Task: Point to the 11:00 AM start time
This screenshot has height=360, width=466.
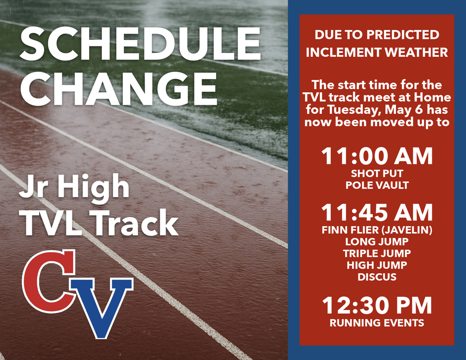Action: pyautogui.click(x=377, y=157)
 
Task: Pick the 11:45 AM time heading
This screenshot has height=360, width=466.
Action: pyautogui.click(x=377, y=213)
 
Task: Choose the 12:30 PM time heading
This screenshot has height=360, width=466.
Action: pyautogui.click(x=377, y=306)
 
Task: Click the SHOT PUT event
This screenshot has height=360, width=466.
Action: pyautogui.click(x=377, y=174)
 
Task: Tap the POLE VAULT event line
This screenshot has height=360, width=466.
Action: pyautogui.click(x=377, y=185)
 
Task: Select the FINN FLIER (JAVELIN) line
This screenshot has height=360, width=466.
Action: pyautogui.click(x=377, y=230)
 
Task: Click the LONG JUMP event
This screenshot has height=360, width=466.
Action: pyautogui.click(x=377, y=242)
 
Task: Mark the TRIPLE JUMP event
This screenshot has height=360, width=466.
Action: pyautogui.click(x=377, y=254)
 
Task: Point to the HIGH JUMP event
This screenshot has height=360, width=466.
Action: pyautogui.click(x=377, y=265)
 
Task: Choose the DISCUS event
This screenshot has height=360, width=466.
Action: pyautogui.click(x=377, y=277)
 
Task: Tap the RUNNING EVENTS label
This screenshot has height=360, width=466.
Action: pyautogui.click(x=377, y=323)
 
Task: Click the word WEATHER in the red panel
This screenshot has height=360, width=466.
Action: pyautogui.click(x=416, y=52)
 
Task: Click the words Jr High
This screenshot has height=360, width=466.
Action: pyautogui.click(x=74, y=187)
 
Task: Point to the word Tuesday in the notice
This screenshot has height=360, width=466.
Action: pyautogui.click(x=355, y=110)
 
